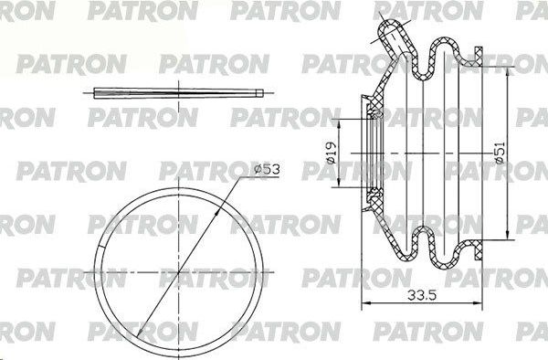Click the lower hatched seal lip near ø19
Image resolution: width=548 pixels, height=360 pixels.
tap(374, 193)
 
